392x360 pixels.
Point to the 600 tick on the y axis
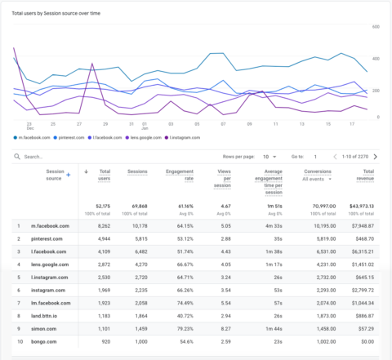[377, 27]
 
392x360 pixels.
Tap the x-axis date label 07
[222, 124]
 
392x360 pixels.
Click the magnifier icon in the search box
[17, 156]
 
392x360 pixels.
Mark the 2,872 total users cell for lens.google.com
[99, 268]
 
